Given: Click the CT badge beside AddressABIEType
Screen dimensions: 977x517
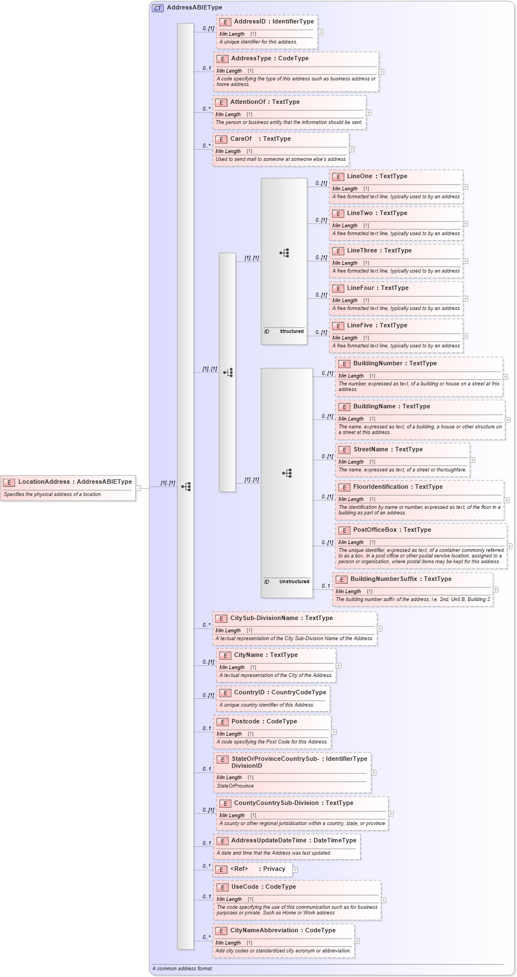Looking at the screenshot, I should [158, 8].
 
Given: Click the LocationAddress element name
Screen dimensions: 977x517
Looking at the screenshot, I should [75, 482].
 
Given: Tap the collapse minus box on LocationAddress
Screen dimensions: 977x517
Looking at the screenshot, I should [138, 488].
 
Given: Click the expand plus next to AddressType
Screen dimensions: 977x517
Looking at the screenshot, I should [381, 72].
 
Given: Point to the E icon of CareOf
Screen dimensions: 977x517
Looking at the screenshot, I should [221, 139].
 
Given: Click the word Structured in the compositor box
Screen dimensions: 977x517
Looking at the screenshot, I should [292, 331].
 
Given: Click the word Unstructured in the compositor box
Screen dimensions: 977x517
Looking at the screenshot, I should [294, 582].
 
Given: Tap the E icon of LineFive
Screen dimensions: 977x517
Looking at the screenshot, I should [338, 326].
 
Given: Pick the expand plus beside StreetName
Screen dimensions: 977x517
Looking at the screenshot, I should [472, 460].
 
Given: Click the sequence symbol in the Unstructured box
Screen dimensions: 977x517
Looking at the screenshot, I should [287, 473].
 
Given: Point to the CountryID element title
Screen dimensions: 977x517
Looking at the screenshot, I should [279, 693].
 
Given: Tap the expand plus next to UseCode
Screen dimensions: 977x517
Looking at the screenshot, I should [383, 900].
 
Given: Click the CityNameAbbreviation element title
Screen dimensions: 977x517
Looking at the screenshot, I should [283, 931].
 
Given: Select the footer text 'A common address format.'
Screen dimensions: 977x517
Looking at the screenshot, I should [183, 969].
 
